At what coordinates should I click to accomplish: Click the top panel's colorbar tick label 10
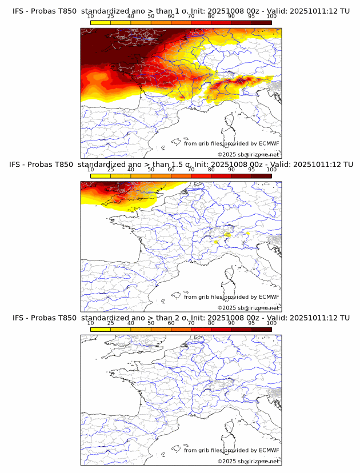[x=90, y=16]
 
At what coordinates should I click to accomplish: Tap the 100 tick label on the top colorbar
[x=271, y=16]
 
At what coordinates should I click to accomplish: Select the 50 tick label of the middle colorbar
[x=150, y=169]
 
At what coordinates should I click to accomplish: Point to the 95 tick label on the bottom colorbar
[x=251, y=323]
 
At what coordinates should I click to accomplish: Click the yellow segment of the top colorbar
[x=101, y=22]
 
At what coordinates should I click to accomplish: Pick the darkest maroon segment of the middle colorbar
[x=261, y=176]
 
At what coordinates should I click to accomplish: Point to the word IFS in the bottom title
[x=19, y=318]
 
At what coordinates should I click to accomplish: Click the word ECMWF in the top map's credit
[x=269, y=143]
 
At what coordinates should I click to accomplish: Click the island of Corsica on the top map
[x=231, y=122]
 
